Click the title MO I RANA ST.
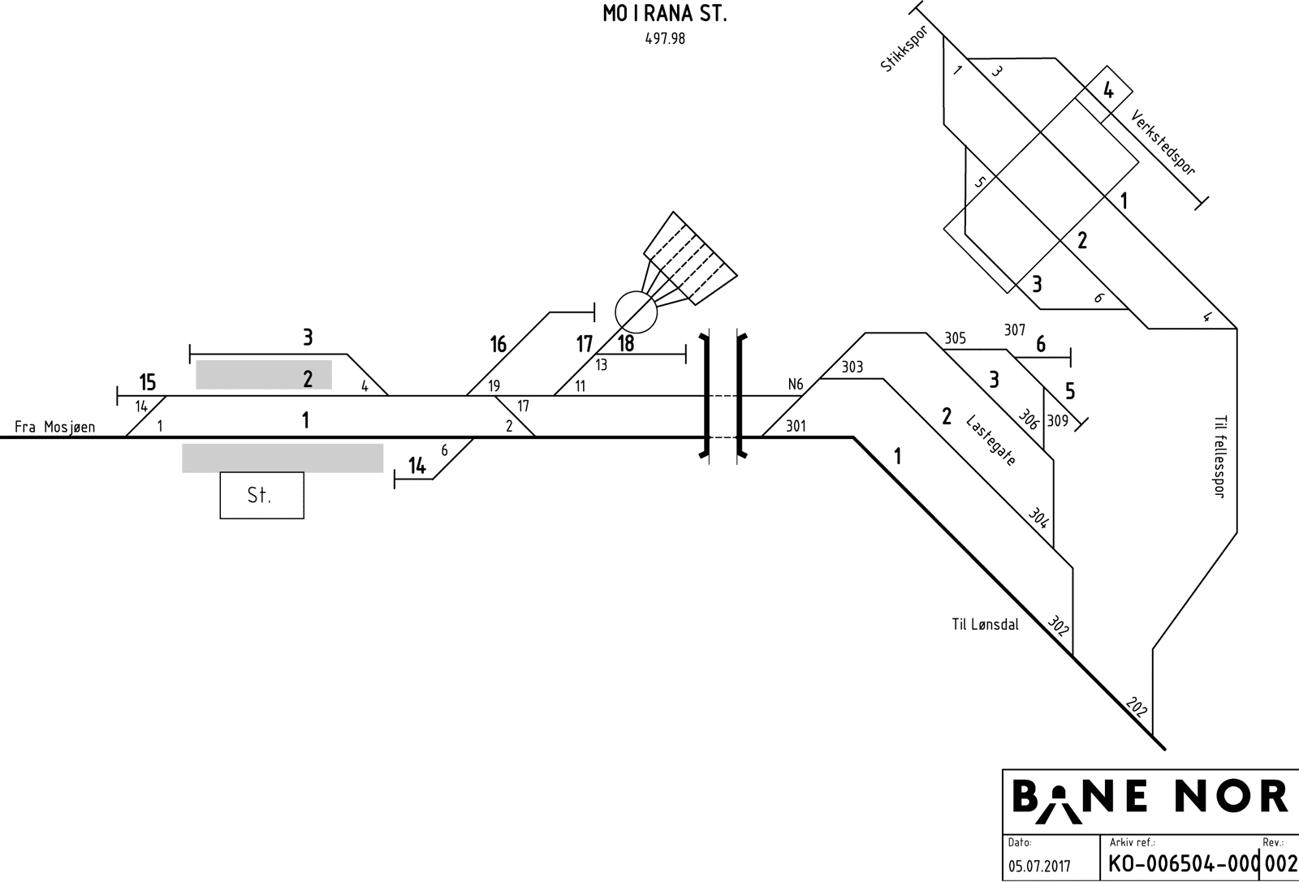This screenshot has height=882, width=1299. tap(665, 15)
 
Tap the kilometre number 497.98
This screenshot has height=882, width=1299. tap(665, 38)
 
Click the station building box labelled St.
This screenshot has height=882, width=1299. tap(261, 495)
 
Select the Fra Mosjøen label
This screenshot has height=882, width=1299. tap(55, 427)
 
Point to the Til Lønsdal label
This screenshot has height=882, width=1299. tap(985, 624)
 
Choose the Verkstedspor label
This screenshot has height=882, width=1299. tap(1163, 143)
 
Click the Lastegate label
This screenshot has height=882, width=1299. tap(990, 439)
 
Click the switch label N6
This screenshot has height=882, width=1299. tap(796, 385)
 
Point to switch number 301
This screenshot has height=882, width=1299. tap(796, 425)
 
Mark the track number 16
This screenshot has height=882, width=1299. tap(498, 344)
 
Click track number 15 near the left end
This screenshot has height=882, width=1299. tap(147, 381)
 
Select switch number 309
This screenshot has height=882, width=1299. tap(1058, 421)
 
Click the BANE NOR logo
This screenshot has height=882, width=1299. tap(1149, 796)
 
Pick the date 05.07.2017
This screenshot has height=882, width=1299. tap(1039, 866)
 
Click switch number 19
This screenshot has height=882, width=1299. tap(494, 386)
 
